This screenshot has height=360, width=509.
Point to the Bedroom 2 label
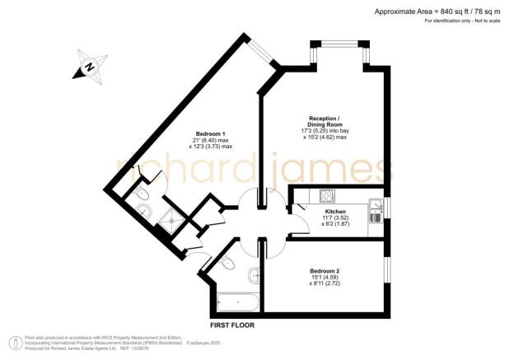(325, 271)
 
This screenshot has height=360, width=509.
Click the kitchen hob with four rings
(326, 196)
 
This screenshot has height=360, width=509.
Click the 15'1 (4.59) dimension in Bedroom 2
(325, 278)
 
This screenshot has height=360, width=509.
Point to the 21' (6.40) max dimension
(211, 141)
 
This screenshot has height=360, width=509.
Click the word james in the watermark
(333, 169)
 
